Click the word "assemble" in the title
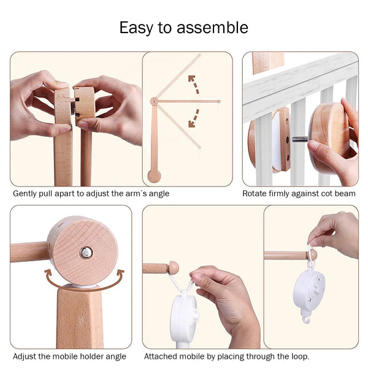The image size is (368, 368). [x=212, y=28]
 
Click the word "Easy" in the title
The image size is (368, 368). [x=136, y=28]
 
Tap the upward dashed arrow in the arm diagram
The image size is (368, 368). [x=194, y=84]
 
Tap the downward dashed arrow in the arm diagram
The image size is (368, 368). [x=194, y=118]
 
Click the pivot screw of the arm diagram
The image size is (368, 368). [x=154, y=101]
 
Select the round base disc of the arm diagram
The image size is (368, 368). [x=154, y=176]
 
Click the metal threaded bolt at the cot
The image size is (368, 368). [x=300, y=139]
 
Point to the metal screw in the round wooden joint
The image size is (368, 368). [x=86, y=253]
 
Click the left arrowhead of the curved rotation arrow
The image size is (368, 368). [x=48, y=273]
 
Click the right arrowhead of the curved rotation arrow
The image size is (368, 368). [x=120, y=273]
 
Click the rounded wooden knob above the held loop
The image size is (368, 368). [x=173, y=267]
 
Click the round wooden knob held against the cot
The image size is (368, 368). [x=330, y=134]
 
